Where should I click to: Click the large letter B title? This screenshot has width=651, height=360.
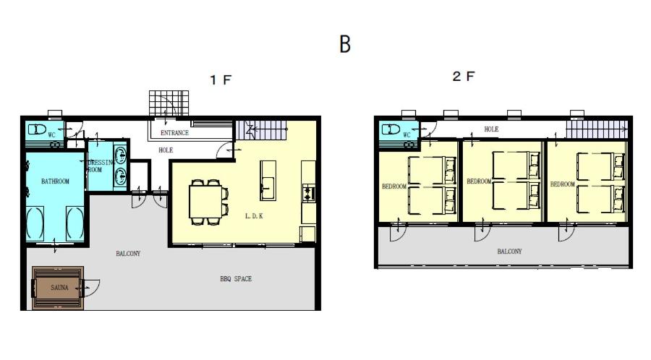click(x=345, y=43)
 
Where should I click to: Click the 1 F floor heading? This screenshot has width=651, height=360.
click(x=221, y=80)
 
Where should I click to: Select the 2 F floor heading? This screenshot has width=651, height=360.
click(x=464, y=77)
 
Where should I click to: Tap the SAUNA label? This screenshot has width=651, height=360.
click(x=59, y=288)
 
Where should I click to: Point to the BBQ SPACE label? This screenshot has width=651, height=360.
click(x=236, y=279)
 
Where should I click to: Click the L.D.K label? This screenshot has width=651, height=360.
click(x=254, y=215)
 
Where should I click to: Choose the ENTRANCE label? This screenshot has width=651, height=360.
click(x=174, y=133)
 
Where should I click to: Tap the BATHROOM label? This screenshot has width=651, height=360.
click(x=55, y=181)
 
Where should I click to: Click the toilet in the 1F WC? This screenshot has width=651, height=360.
click(x=37, y=129)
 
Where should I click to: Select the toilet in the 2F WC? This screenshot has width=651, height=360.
click(x=391, y=129)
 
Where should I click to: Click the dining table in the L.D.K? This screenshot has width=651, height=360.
click(x=205, y=201)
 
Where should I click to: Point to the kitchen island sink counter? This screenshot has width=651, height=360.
click(x=268, y=181)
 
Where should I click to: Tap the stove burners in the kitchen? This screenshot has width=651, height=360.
click(x=309, y=193)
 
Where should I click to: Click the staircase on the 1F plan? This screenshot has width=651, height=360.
click(x=262, y=130)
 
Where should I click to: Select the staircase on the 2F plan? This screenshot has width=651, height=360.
click(x=597, y=130)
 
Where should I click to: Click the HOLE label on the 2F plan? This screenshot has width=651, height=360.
click(x=491, y=129)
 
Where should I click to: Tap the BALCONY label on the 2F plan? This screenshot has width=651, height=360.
click(x=509, y=252)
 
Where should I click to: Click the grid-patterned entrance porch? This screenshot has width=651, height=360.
click(x=169, y=103)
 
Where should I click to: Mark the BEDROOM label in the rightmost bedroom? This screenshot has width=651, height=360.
click(x=562, y=184)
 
